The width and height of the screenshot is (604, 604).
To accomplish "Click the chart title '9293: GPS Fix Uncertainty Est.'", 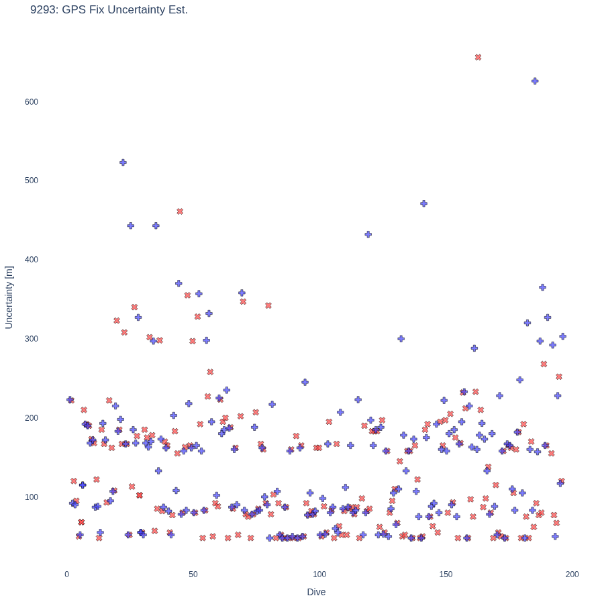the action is [109, 9].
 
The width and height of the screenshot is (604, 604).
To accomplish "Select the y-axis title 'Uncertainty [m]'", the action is [9, 297].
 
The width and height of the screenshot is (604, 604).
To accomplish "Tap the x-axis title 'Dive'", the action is [316, 592].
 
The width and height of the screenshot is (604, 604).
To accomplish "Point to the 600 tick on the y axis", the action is [32, 102].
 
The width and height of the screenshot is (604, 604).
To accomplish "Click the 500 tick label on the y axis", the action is [32, 181].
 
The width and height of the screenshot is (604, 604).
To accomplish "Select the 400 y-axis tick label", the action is [32, 260].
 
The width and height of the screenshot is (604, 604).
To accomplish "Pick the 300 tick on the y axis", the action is [32, 339].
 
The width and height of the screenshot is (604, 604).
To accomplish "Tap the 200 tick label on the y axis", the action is [32, 418].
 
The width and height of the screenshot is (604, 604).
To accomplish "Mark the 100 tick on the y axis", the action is [32, 497].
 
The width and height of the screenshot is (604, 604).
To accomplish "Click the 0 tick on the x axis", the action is [66, 574].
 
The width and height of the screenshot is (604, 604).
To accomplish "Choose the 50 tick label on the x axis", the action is [193, 574].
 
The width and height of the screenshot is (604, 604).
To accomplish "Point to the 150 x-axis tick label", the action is [446, 574].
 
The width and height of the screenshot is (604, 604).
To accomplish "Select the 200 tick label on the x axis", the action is [572, 574].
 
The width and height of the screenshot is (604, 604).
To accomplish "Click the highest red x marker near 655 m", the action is [478, 58].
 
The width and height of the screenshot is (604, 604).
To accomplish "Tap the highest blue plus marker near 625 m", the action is [535, 81].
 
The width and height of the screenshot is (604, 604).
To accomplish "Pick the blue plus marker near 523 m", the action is [123, 162].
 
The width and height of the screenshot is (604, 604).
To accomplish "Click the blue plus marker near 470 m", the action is [423, 203].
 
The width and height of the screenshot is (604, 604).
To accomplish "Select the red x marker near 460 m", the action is [180, 211].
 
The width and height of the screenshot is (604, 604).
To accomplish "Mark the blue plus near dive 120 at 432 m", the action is [368, 234].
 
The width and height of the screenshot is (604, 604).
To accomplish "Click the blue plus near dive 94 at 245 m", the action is [305, 382].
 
